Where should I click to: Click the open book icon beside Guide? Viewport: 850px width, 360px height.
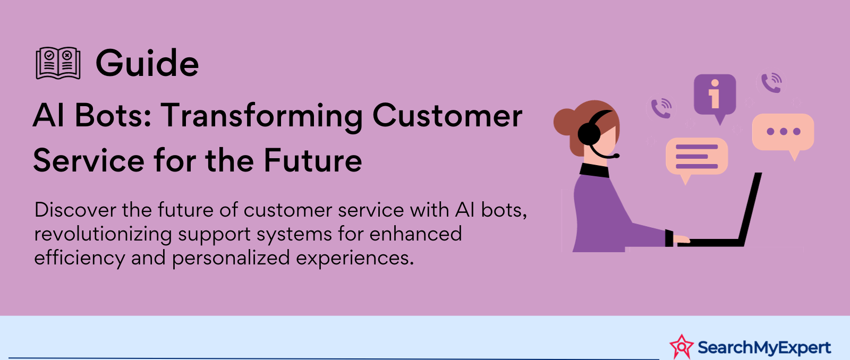point(58,63)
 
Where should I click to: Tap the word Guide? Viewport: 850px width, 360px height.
point(147,63)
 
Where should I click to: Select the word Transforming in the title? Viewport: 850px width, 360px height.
point(262,117)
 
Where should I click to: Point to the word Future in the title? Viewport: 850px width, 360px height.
point(313,160)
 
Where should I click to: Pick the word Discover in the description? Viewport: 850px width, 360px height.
point(75,210)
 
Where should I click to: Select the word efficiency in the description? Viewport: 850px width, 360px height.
point(80,258)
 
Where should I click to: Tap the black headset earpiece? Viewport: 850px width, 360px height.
point(589,134)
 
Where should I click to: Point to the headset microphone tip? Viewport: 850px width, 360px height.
point(616,156)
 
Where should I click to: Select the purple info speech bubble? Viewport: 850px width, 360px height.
point(715,97)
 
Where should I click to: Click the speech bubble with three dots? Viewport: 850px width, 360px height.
point(783,133)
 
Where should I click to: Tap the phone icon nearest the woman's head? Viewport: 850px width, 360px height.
point(661,108)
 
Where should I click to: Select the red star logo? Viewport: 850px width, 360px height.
point(682,347)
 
